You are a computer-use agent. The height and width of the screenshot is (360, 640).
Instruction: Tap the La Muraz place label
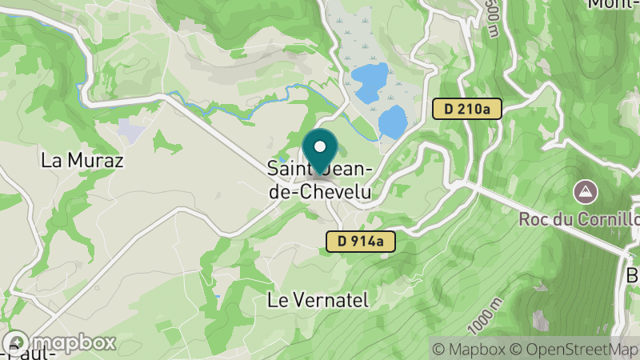[x=82, y=160]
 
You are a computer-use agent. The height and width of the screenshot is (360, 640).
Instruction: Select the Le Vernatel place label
[x=318, y=300]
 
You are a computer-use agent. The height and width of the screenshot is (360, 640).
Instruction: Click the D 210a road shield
[x=467, y=108]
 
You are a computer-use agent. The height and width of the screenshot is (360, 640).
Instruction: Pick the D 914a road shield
[x=361, y=240]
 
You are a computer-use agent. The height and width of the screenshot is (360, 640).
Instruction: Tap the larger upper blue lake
[x=369, y=82]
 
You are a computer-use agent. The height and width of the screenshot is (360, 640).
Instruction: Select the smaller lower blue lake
[x=392, y=121]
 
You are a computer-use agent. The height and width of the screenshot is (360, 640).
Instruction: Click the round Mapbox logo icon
[x=14, y=342]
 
